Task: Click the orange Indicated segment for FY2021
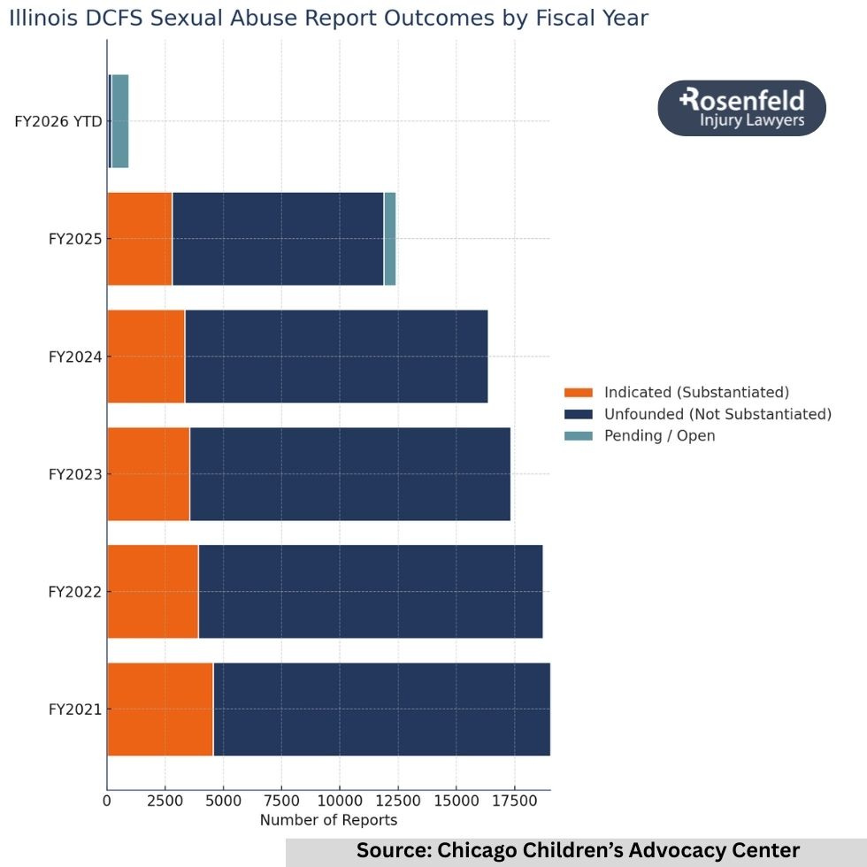(160, 709)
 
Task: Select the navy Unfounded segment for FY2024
(336, 357)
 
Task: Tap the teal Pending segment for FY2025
(389, 239)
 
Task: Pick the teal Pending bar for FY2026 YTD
(120, 121)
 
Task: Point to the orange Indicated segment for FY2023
(149, 474)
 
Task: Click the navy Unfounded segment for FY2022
(370, 591)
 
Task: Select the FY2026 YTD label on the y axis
(58, 121)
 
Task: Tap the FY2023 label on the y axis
(74, 474)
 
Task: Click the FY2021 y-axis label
(74, 710)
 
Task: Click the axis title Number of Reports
(328, 820)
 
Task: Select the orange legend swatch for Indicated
(578, 393)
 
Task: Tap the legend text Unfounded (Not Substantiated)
(717, 414)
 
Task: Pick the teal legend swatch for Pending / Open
(578, 436)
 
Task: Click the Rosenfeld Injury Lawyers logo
(741, 108)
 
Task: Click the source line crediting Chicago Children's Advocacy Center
(578, 851)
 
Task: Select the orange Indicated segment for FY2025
(140, 239)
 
